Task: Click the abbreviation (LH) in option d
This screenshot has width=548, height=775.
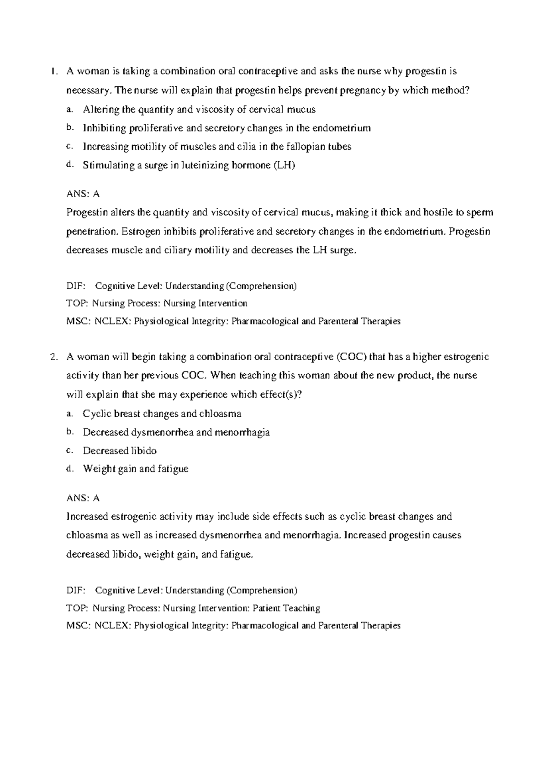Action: [285, 165]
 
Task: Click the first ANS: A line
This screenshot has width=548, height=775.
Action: [83, 194]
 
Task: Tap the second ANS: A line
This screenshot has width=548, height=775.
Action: [83, 498]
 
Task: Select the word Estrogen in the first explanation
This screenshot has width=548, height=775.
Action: [141, 232]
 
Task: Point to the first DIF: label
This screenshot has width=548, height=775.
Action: [76, 287]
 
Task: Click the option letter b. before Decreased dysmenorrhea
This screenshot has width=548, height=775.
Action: [69, 431]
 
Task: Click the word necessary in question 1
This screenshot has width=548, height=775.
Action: [88, 90]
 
